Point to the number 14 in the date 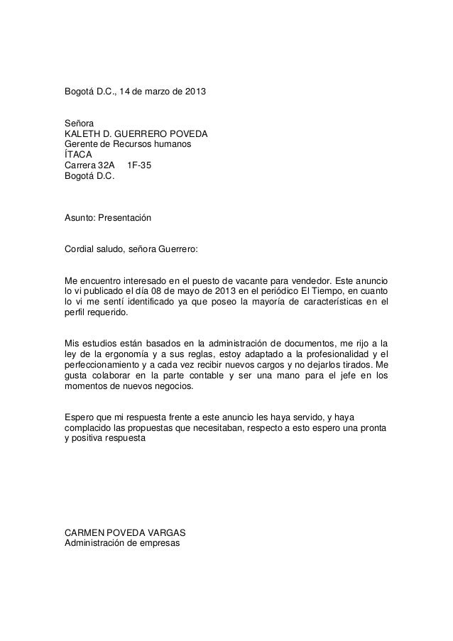point(125,93)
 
